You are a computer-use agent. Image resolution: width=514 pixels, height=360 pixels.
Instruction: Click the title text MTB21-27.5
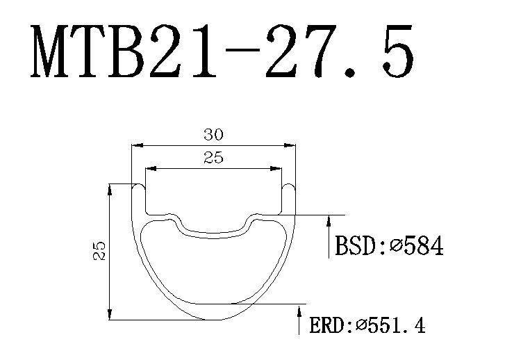pyautogui.click(x=222, y=51)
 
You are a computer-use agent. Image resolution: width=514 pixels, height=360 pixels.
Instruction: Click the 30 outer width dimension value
pyautogui.click(x=213, y=135)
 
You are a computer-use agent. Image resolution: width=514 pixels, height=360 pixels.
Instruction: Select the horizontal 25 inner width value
pyautogui.click(x=213, y=158)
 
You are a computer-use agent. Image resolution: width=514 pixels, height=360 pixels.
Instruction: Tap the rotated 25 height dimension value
pyautogui.click(x=99, y=251)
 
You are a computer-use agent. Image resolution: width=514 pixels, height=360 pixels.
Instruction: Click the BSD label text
pyautogui.click(x=357, y=245)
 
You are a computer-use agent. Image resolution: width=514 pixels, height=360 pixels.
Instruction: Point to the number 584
pyautogui.click(x=424, y=245)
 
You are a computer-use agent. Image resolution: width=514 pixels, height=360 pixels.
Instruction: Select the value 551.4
pyautogui.click(x=396, y=326)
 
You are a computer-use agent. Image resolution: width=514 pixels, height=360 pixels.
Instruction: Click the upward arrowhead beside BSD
pyautogui.click(x=329, y=221)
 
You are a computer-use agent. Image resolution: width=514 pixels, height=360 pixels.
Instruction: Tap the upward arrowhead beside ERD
pyautogui.click(x=299, y=311)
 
